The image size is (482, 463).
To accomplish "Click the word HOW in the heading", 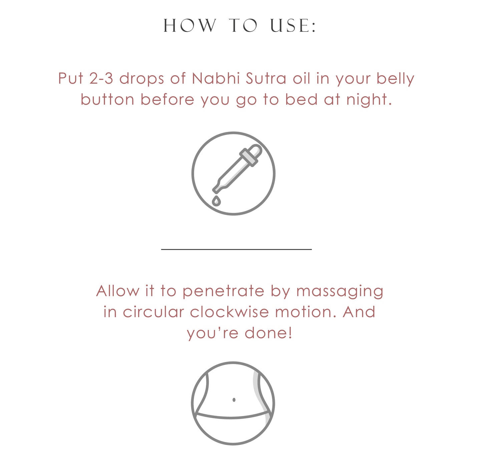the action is coord(190,25).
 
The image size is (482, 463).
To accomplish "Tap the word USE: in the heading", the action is coord(293,25).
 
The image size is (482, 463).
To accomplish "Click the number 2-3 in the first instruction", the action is coord(101,78).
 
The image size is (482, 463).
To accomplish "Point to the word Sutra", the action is coord(266,78).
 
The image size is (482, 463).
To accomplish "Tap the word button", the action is coord(107,99).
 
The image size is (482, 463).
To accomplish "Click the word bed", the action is coord(302,99).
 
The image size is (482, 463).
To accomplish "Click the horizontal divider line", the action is coord(236,249).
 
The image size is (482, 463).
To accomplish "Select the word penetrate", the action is coord(223,291).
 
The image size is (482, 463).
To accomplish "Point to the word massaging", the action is coord(340,291).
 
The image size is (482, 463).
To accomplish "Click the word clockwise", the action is coord(229,312).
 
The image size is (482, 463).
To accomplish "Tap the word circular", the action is coord(153,312).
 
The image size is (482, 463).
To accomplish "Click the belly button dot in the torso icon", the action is coord(234,400).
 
